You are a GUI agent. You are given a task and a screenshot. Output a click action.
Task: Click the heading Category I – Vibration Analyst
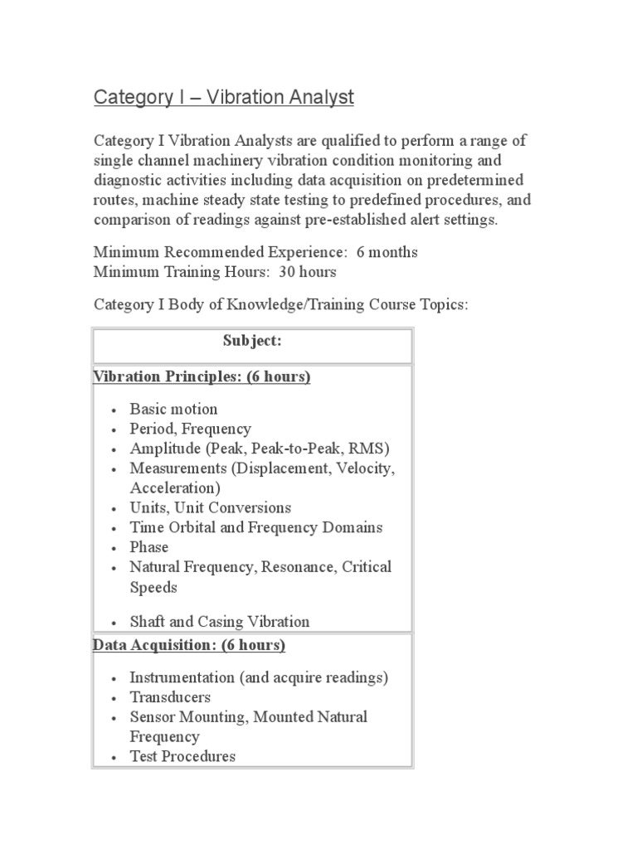click(223, 98)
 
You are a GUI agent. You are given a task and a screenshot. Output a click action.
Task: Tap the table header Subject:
click(252, 341)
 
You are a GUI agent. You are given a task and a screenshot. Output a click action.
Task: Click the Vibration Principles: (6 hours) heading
click(202, 377)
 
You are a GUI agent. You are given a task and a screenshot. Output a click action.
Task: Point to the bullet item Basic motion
click(173, 409)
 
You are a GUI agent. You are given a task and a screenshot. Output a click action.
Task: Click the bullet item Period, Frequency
click(190, 429)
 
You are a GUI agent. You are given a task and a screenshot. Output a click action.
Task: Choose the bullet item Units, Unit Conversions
click(211, 507)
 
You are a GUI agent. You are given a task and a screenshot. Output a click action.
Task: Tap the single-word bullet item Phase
click(149, 547)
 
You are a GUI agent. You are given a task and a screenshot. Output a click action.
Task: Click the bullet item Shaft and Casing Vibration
click(220, 621)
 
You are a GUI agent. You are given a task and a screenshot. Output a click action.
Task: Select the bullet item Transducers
click(170, 697)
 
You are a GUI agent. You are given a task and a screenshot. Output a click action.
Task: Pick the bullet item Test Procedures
click(182, 756)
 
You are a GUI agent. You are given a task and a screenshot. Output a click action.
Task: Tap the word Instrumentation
click(182, 677)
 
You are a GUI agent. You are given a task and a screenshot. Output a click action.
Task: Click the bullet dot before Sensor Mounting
click(114, 717)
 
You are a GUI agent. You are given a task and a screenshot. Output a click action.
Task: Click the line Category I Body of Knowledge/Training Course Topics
click(281, 305)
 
